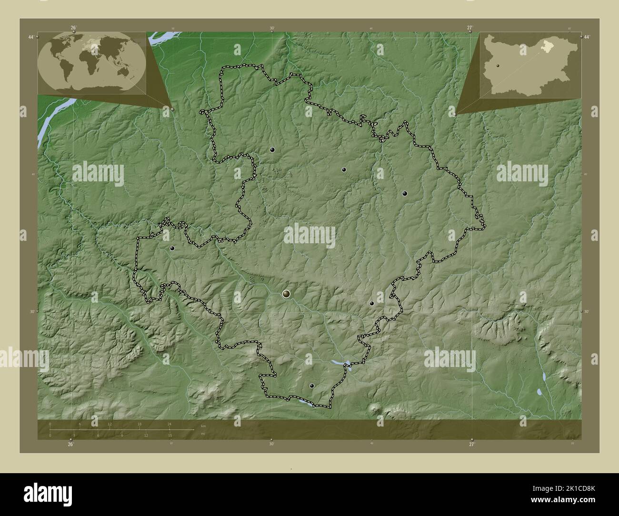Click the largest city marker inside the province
(286, 294)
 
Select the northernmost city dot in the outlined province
(272, 149)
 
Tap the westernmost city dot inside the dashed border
(172, 248)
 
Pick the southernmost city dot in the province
(312, 386)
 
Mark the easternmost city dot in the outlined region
(405, 193)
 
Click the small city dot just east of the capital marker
(372, 303)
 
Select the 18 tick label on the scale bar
(140, 424)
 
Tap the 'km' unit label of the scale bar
(203, 426)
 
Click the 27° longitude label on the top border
(470, 28)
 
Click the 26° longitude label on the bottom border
(70, 444)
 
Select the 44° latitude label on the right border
(587, 37)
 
